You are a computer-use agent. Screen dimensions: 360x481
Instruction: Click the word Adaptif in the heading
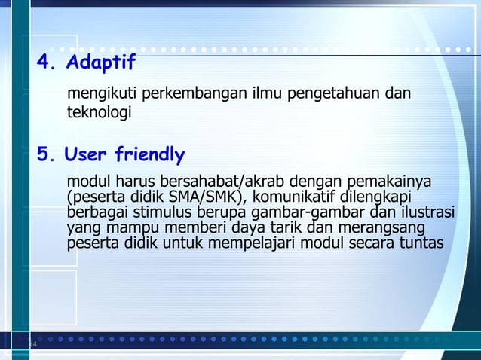pos(101,61)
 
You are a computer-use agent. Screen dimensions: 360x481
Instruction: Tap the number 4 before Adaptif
pos(47,61)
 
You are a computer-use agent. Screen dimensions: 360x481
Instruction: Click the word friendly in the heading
pos(149,155)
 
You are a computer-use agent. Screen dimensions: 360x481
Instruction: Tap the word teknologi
pos(100,114)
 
